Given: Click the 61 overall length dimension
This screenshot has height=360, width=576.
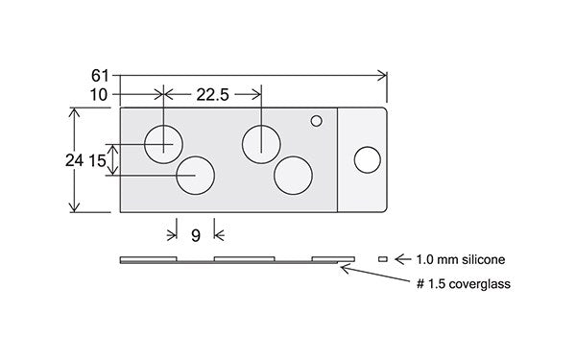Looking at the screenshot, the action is [100, 76].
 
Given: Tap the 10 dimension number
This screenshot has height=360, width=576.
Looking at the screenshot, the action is [99, 95].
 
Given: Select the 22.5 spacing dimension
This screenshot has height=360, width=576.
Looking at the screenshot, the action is [213, 95].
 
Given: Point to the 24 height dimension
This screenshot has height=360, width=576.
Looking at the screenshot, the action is [74, 160].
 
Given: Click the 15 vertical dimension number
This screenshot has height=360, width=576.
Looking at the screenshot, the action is [97, 161].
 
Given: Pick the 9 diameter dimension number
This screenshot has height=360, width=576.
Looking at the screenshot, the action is [196, 235].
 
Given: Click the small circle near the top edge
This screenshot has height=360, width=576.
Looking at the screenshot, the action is [316, 121].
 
